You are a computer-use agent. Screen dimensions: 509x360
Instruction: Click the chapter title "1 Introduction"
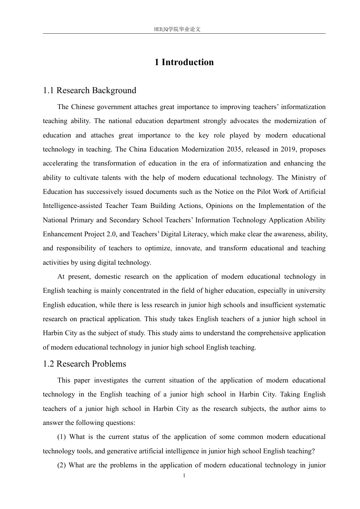click(184, 62)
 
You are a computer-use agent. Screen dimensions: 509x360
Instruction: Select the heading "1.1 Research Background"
click(89, 91)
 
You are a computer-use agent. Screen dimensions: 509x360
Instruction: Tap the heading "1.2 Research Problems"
click(85, 364)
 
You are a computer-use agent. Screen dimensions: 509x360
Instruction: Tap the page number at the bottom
click(184, 476)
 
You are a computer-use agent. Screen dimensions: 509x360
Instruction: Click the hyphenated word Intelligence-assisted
click(72, 206)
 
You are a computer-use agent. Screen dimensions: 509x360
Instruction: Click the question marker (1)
click(61, 437)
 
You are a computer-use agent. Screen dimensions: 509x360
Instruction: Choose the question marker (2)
click(61, 465)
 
